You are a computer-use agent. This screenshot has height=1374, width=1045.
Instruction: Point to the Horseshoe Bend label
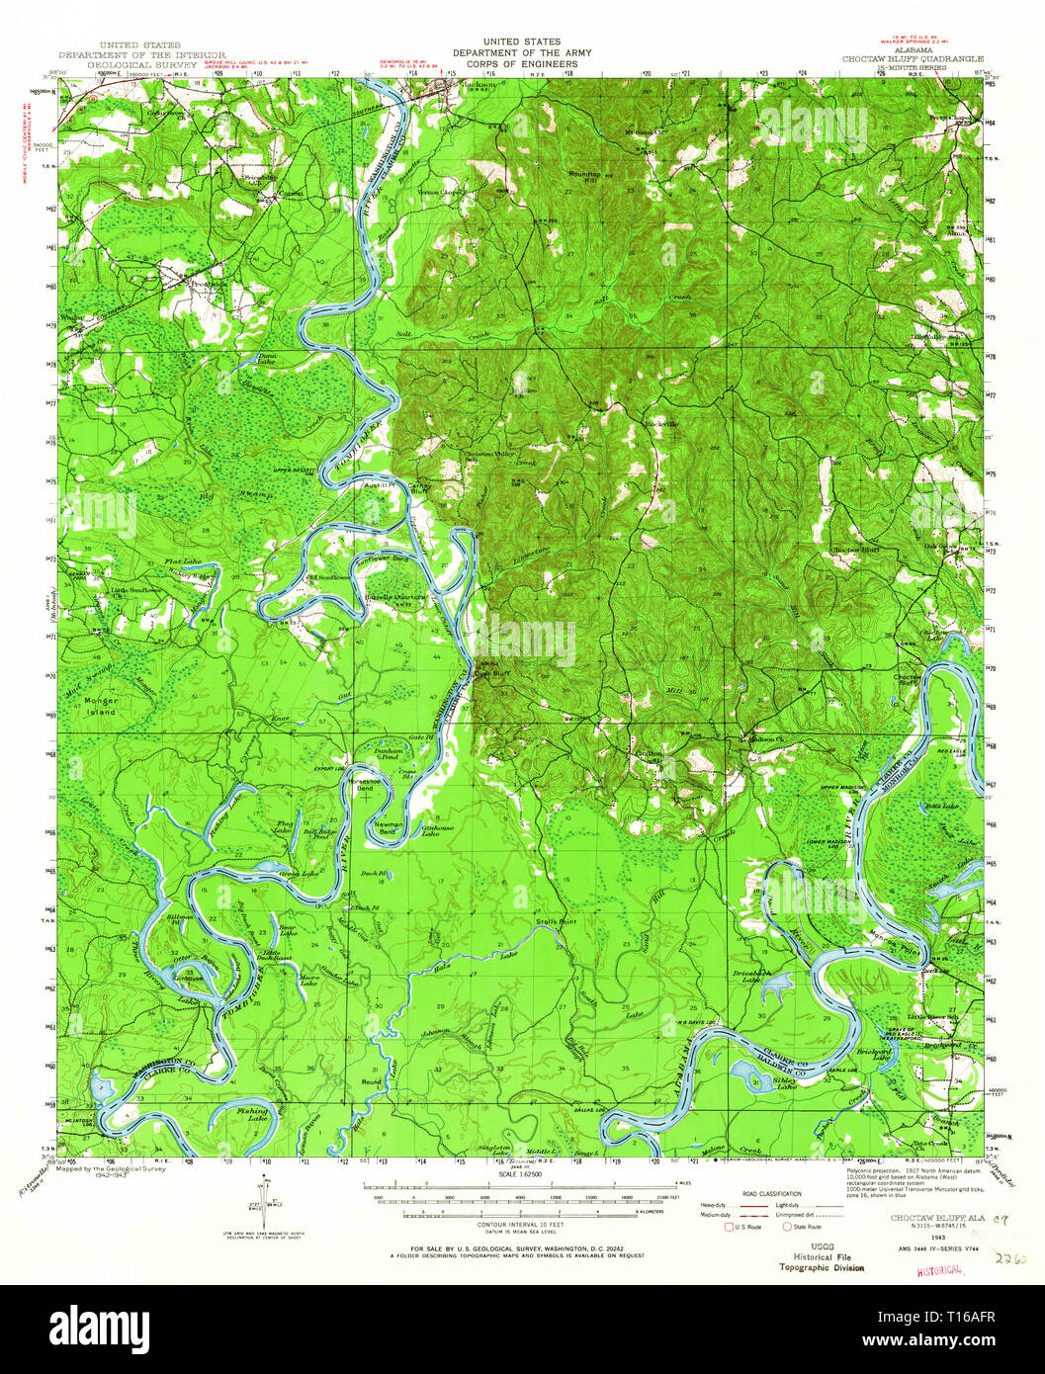pos(365,785)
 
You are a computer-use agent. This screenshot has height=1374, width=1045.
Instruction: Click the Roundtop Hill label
pos(584,177)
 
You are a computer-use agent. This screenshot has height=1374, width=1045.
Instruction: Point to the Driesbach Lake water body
pos(774,985)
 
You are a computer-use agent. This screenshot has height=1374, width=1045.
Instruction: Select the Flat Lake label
pos(183,561)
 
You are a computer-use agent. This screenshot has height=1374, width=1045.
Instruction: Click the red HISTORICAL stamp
pos(940,1268)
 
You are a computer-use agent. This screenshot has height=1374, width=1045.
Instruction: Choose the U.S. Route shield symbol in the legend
pos(731,1226)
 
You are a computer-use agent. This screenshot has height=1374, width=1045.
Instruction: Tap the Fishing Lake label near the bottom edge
pos(252,1114)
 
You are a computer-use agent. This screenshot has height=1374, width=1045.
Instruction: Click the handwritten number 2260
pos(1010,1260)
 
